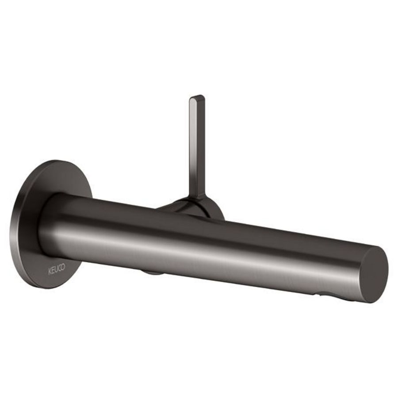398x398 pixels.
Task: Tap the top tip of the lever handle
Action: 197,97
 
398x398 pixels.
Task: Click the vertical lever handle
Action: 197,146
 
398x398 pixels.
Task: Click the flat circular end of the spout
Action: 374,274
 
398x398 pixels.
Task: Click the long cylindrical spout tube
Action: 221,248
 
